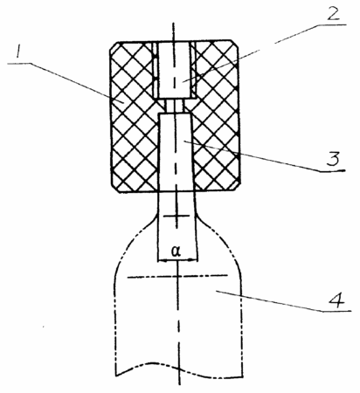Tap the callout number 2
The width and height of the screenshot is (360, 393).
pos(333,13)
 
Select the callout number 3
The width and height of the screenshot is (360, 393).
pos(333,160)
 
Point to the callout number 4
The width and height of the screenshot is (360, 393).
pos(337,300)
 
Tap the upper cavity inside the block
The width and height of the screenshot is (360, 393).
pos(174,70)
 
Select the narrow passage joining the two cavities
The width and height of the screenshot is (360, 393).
pos(175,106)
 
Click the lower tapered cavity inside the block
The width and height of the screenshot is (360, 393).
pos(176,152)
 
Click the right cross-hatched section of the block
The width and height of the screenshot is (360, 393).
pos(217,116)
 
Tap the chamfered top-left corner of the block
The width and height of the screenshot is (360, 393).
pos(114,47)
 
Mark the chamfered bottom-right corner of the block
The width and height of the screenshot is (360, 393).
pos(235,187)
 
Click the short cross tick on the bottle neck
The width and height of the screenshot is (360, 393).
pos(176,216)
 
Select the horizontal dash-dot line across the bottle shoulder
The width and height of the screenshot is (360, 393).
pos(177,276)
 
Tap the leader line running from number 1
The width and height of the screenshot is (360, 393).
pos(66,82)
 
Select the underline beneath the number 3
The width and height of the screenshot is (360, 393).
pos(332,171)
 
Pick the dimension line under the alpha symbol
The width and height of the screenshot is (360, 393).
pos(177,260)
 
